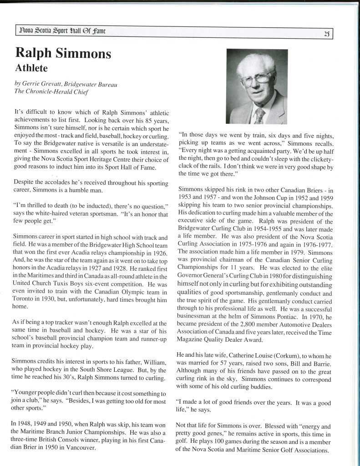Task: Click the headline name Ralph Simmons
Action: pyautogui.click(x=63, y=53)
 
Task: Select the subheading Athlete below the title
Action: pyautogui.click(x=34, y=68)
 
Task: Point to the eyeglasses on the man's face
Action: pyautogui.click(x=256, y=78)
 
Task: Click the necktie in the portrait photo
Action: pyautogui.click(x=259, y=116)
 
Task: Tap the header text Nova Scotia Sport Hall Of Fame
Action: pyautogui.click(x=64, y=31)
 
